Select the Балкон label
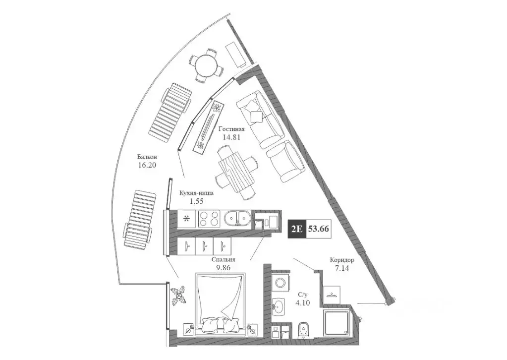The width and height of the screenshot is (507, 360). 148,157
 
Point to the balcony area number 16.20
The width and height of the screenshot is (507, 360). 147,166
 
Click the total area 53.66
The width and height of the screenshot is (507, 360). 319,229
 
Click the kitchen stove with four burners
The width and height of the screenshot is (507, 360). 210,219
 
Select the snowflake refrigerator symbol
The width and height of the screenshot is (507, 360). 187,219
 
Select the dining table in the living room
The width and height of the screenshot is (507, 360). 236,170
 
